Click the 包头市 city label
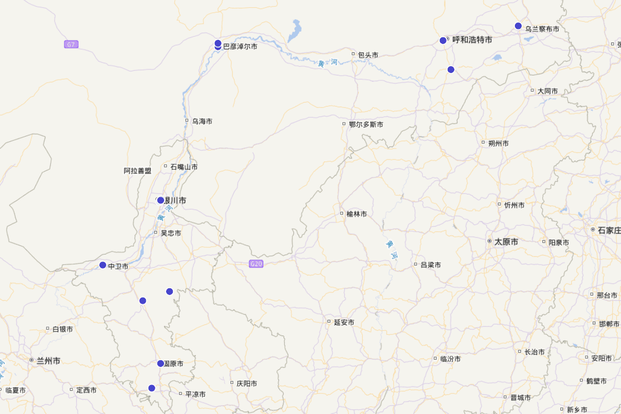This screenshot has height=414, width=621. [x=368, y=55]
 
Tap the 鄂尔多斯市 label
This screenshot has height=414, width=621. [x=366, y=125]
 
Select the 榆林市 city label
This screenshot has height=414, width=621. [x=357, y=214]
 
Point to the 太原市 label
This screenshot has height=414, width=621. [x=506, y=242]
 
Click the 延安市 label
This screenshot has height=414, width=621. [x=344, y=322]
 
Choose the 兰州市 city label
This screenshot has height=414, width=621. [x=48, y=361]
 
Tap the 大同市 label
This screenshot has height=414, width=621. [x=548, y=91]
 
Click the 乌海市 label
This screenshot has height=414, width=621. [x=202, y=122]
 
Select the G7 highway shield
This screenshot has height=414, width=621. [x=71, y=45]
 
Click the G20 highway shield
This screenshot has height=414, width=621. [x=256, y=264]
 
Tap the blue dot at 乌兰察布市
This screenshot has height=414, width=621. [x=518, y=26]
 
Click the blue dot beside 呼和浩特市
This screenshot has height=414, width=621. [x=443, y=40]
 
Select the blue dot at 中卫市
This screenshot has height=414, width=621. [x=102, y=265]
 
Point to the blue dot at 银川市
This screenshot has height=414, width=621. [x=160, y=200]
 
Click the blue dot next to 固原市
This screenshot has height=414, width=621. [x=160, y=363]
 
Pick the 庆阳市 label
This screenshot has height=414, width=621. [x=247, y=384]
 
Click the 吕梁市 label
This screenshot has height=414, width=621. [x=431, y=265]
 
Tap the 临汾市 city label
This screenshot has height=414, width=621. [x=450, y=359]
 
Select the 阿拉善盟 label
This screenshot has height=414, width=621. [x=138, y=171]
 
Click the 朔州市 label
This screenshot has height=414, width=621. [x=498, y=143]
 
